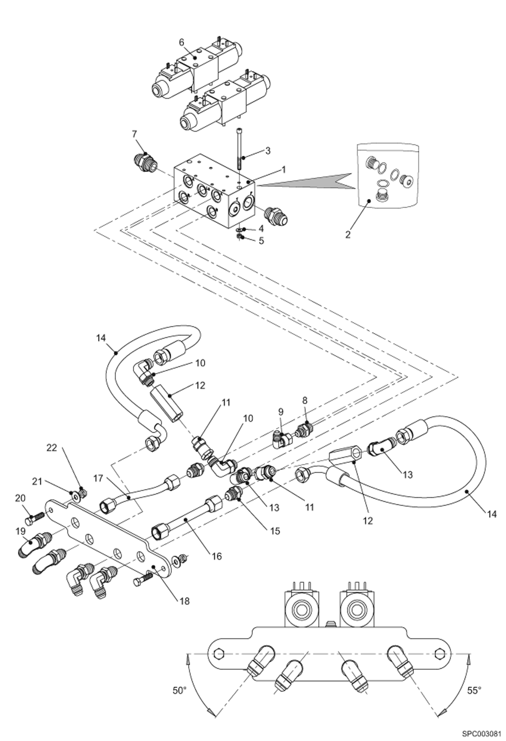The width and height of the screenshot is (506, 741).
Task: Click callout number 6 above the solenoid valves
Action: (x=181, y=42)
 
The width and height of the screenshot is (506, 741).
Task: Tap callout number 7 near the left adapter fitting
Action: (x=134, y=134)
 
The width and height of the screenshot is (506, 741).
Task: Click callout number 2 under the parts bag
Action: (x=348, y=234)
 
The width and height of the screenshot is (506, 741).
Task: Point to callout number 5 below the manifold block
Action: (x=261, y=241)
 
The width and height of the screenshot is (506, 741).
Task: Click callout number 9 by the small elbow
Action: (x=281, y=412)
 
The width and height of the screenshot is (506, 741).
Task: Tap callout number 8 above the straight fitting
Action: (x=305, y=400)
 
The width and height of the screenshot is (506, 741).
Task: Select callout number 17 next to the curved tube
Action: (x=98, y=479)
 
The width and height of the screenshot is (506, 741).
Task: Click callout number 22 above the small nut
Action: (x=52, y=448)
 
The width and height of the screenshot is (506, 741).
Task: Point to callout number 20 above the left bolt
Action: (x=20, y=498)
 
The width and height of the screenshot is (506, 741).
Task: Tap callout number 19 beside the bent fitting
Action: (x=21, y=531)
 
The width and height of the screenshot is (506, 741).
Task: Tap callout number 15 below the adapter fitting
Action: (x=275, y=531)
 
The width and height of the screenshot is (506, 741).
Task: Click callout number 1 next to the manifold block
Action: (x=284, y=168)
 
